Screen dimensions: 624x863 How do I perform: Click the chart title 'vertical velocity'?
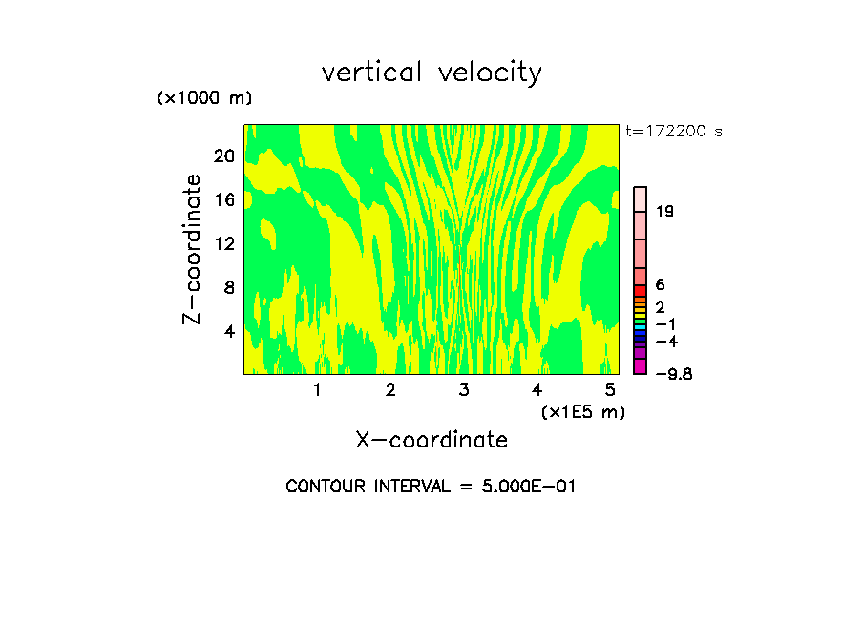pos(431,73)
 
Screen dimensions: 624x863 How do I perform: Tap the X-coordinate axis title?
pos(431,440)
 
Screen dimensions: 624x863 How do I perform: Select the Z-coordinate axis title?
pos(193,249)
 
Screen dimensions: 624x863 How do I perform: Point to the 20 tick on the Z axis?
pos(223,156)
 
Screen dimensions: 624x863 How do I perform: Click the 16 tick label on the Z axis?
pos(223,200)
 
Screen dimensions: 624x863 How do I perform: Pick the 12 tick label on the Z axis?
pos(223,244)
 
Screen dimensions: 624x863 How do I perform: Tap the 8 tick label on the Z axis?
pos(228,288)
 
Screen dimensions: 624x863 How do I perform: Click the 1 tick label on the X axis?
pos(317,390)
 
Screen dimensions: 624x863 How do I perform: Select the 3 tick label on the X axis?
pos(464,390)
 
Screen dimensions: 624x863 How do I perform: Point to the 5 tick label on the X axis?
pos(610,390)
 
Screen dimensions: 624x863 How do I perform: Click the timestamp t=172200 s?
pos(674,132)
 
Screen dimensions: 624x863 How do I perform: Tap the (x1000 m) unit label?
pos(204,98)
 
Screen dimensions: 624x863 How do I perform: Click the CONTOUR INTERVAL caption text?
pos(431,487)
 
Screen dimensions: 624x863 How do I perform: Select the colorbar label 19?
pos(664,212)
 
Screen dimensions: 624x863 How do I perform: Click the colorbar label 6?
pos(660,285)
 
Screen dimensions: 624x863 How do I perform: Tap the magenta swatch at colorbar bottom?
pos(641,366)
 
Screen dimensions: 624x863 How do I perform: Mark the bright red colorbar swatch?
pos(641,291)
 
